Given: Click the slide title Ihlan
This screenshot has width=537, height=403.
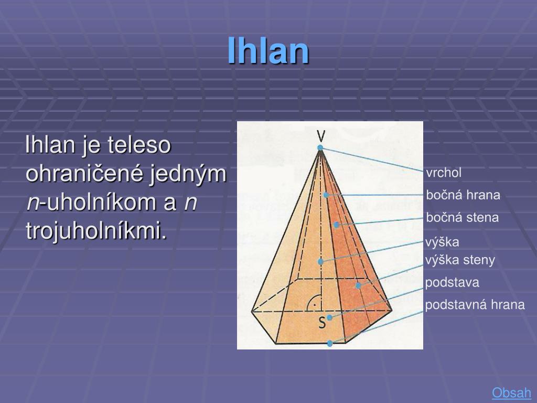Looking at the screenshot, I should click(x=268, y=51).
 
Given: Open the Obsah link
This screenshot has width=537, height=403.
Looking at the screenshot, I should click(x=511, y=393).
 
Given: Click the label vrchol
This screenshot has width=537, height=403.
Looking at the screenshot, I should click(x=444, y=173).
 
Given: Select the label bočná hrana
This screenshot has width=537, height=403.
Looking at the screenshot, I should click(x=463, y=195).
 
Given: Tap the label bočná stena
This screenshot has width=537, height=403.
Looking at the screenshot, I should click(x=462, y=217).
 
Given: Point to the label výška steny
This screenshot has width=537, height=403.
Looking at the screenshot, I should click(x=460, y=260).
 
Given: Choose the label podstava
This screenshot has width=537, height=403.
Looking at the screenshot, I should click(x=452, y=283).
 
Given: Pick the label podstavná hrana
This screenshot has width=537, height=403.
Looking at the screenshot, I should click(x=475, y=305).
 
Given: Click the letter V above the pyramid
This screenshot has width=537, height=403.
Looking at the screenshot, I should click(x=320, y=136).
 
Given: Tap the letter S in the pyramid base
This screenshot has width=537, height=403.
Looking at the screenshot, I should click(x=322, y=323).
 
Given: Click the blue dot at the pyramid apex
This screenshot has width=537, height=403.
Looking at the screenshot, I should click(x=320, y=147).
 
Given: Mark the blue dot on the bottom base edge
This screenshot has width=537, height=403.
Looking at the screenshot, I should click(x=330, y=344).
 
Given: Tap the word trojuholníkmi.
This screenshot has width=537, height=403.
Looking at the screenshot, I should click(x=96, y=230).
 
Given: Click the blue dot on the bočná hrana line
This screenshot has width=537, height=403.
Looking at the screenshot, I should click(x=326, y=195).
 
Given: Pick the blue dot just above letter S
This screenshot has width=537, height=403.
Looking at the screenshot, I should click(x=329, y=317).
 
